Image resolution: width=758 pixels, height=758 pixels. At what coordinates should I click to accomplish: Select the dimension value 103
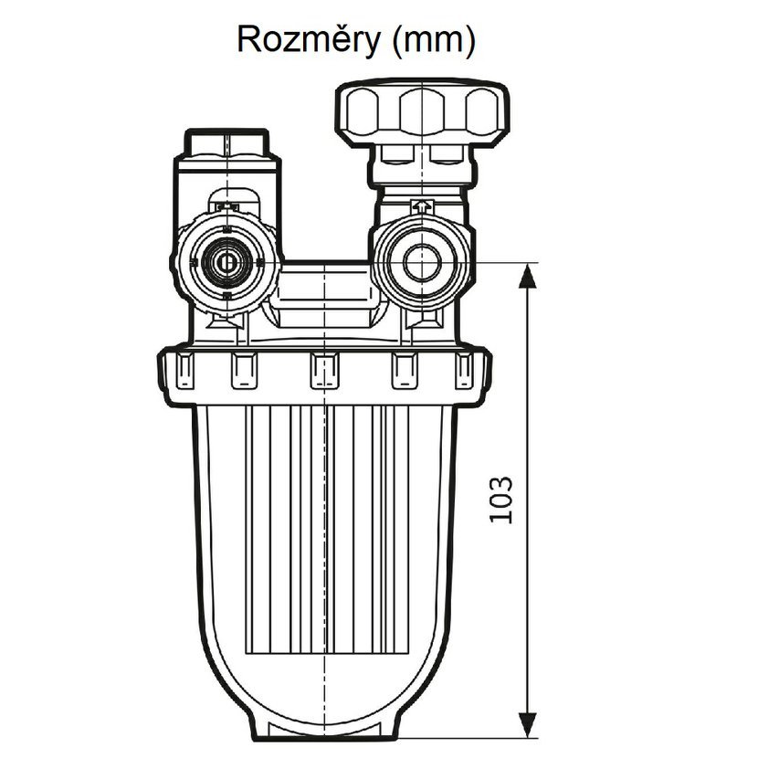[x=501, y=499]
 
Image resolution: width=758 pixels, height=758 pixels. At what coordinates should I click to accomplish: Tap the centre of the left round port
[x=224, y=263]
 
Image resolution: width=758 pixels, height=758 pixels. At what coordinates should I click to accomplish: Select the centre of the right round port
[x=421, y=263]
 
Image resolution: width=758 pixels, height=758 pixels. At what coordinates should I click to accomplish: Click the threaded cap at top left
[x=226, y=145]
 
